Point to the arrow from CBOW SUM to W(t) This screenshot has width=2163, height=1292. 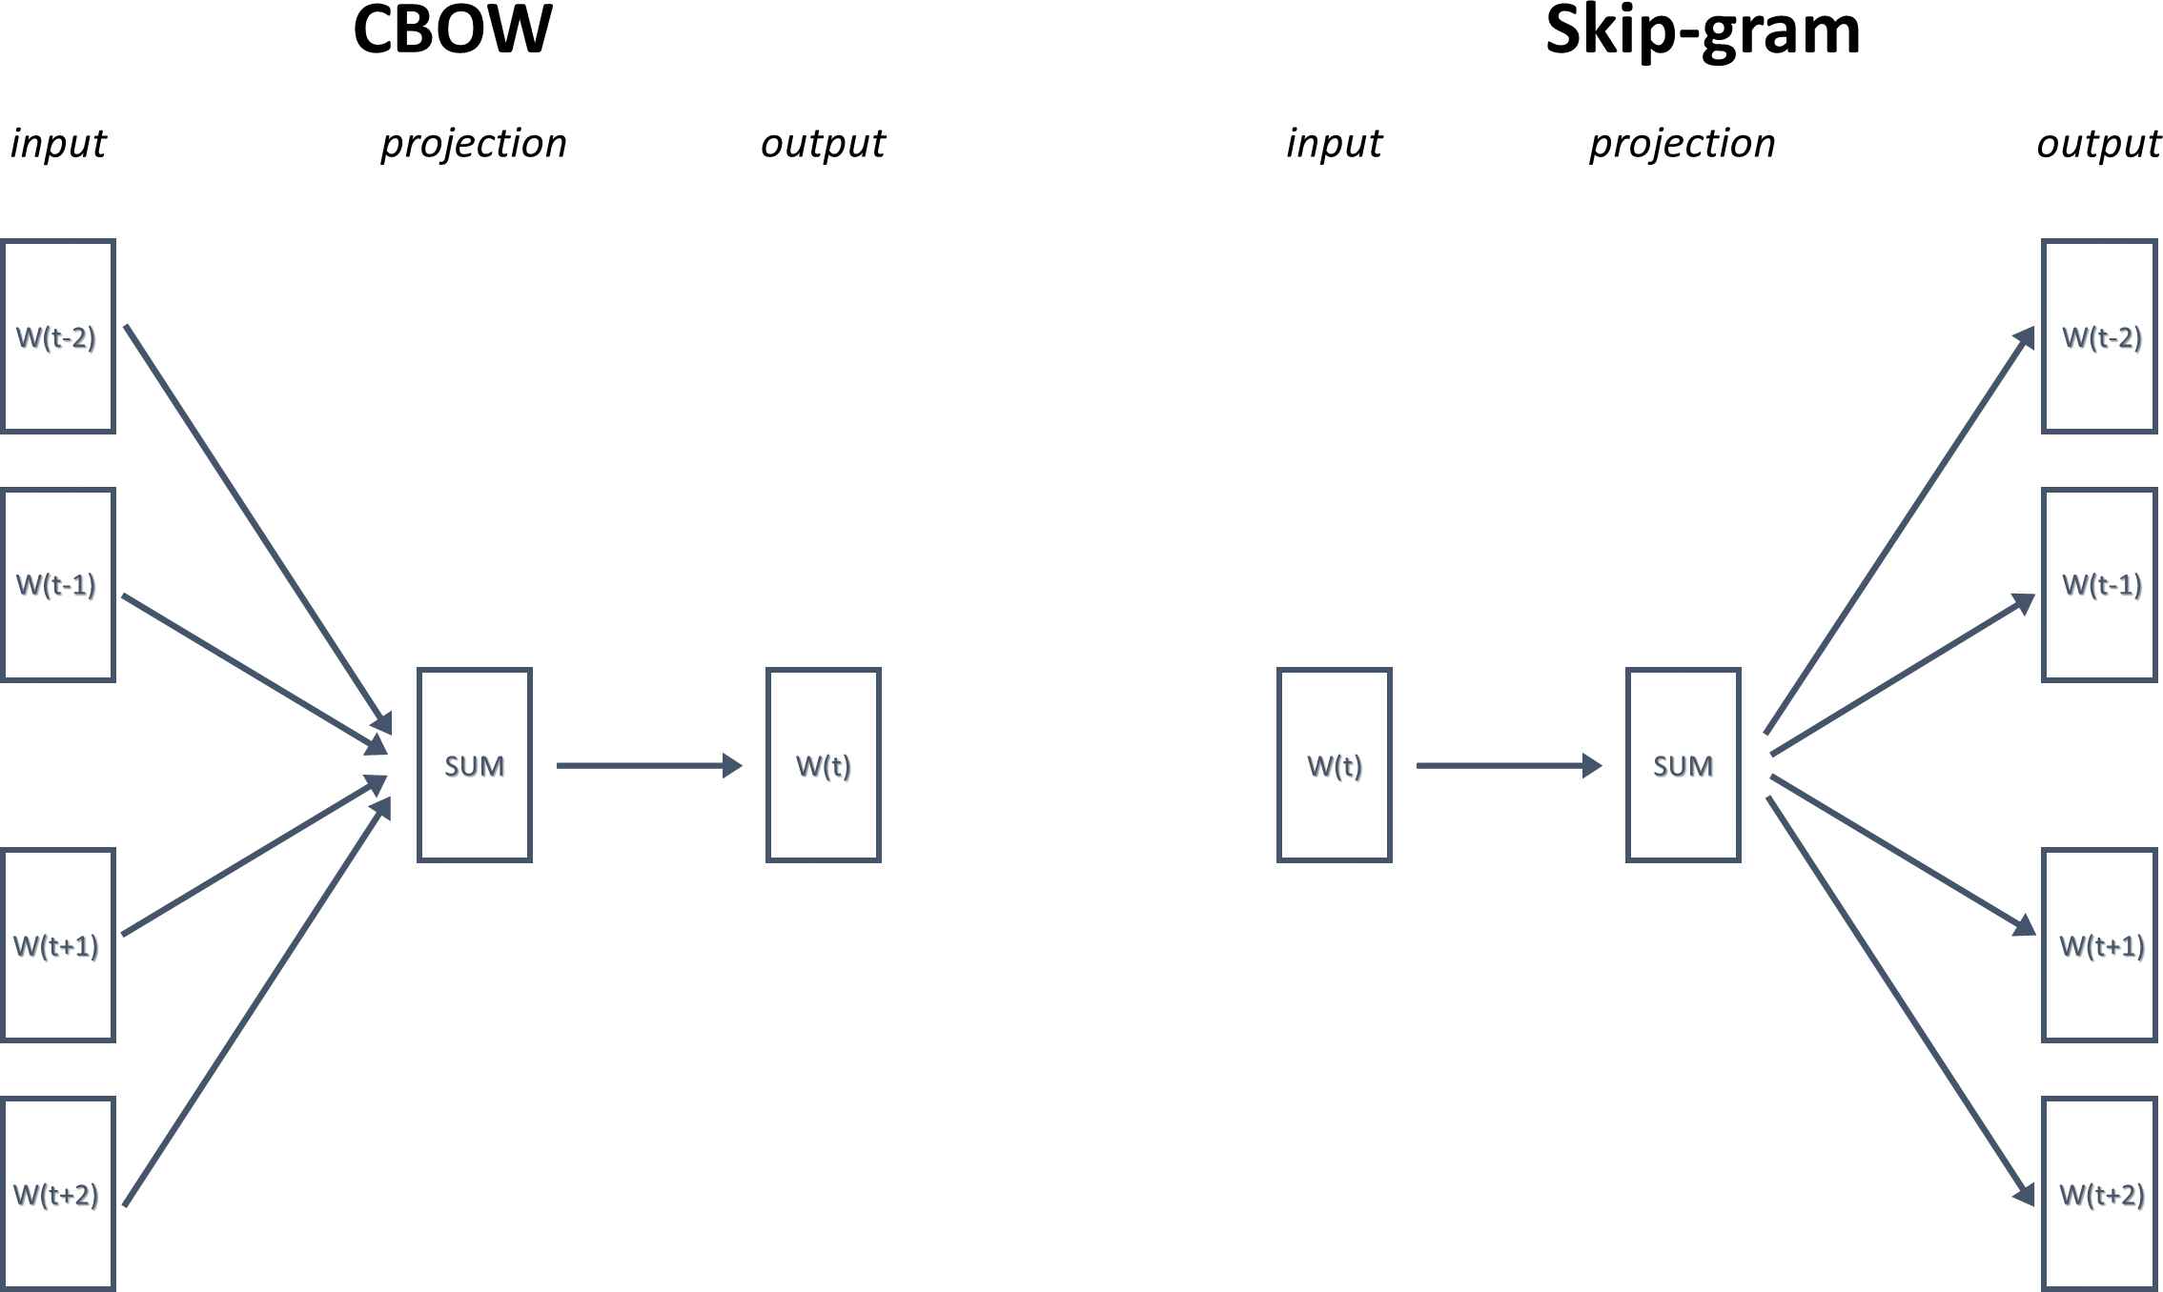click(649, 765)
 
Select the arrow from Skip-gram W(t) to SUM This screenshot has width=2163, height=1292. click(1509, 765)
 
